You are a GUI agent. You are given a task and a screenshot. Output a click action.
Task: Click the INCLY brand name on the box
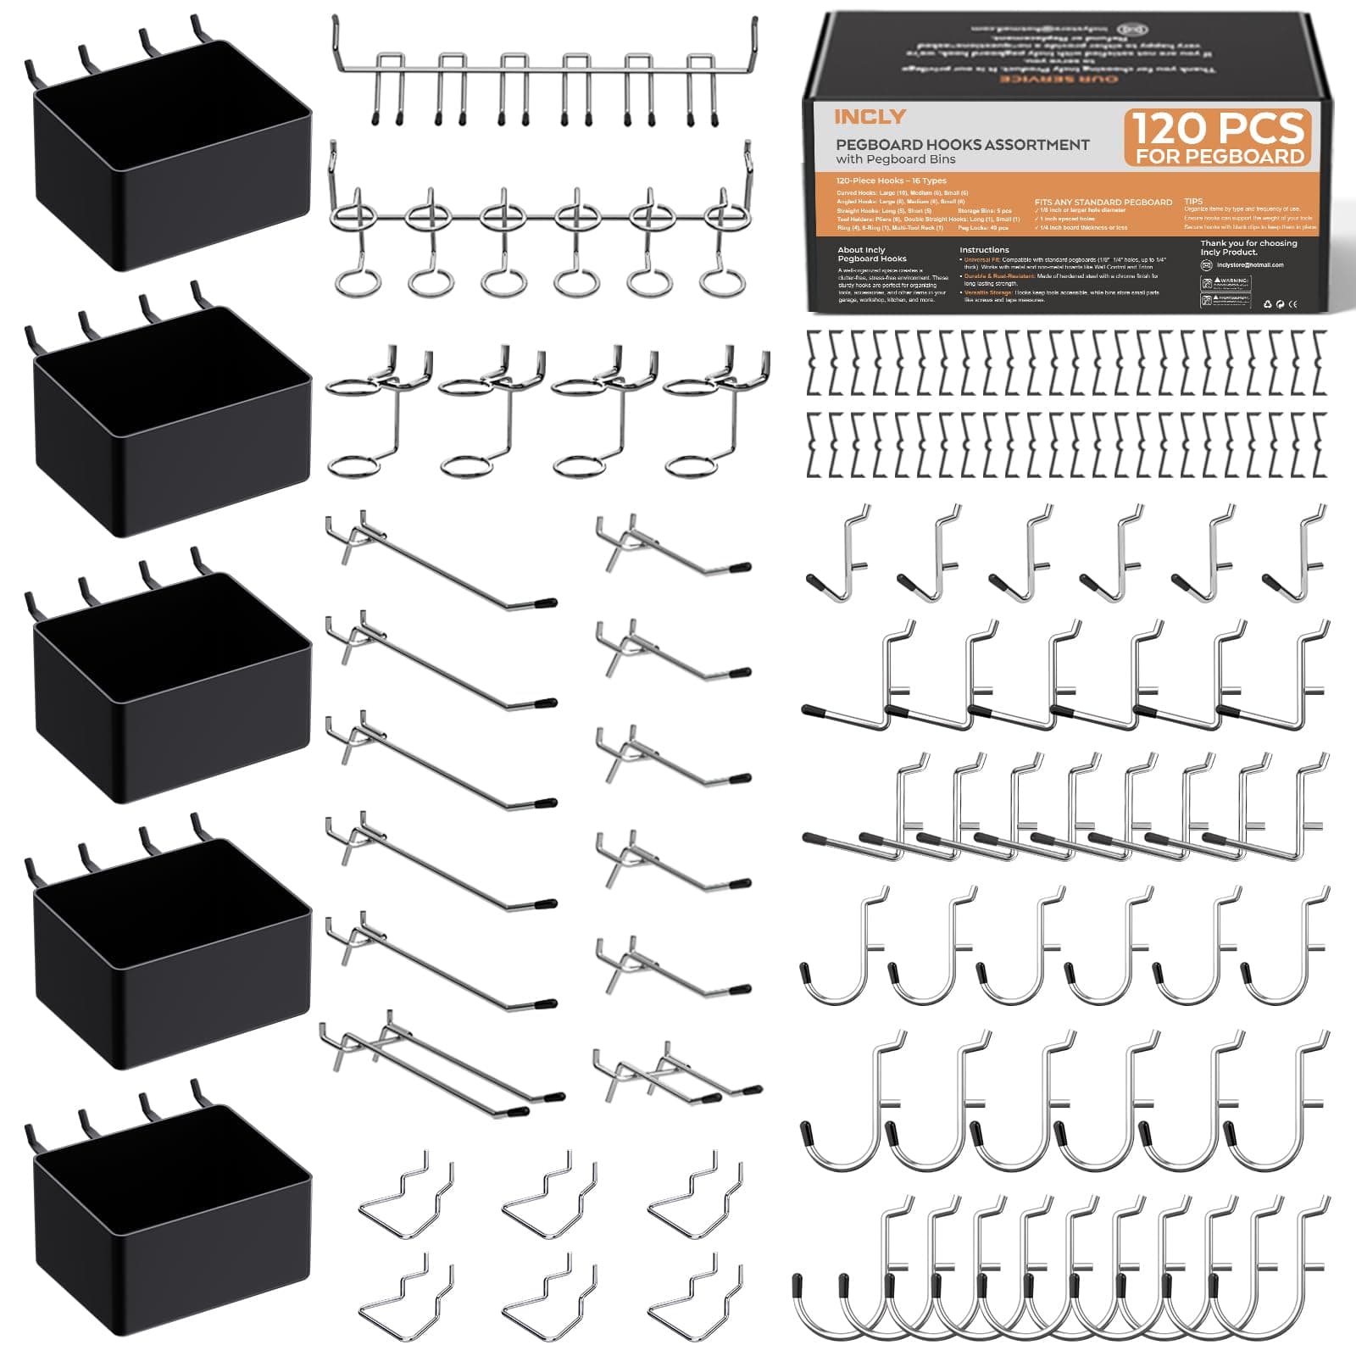point(870,117)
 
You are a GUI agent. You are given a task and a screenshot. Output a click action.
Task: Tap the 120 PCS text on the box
point(1218,128)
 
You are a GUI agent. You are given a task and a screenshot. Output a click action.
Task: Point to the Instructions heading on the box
point(984,250)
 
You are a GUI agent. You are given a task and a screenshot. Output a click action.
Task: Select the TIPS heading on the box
point(1193,202)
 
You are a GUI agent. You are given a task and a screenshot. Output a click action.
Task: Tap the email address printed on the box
point(1250,265)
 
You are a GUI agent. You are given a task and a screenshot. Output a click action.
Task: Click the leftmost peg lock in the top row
point(815,363)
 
